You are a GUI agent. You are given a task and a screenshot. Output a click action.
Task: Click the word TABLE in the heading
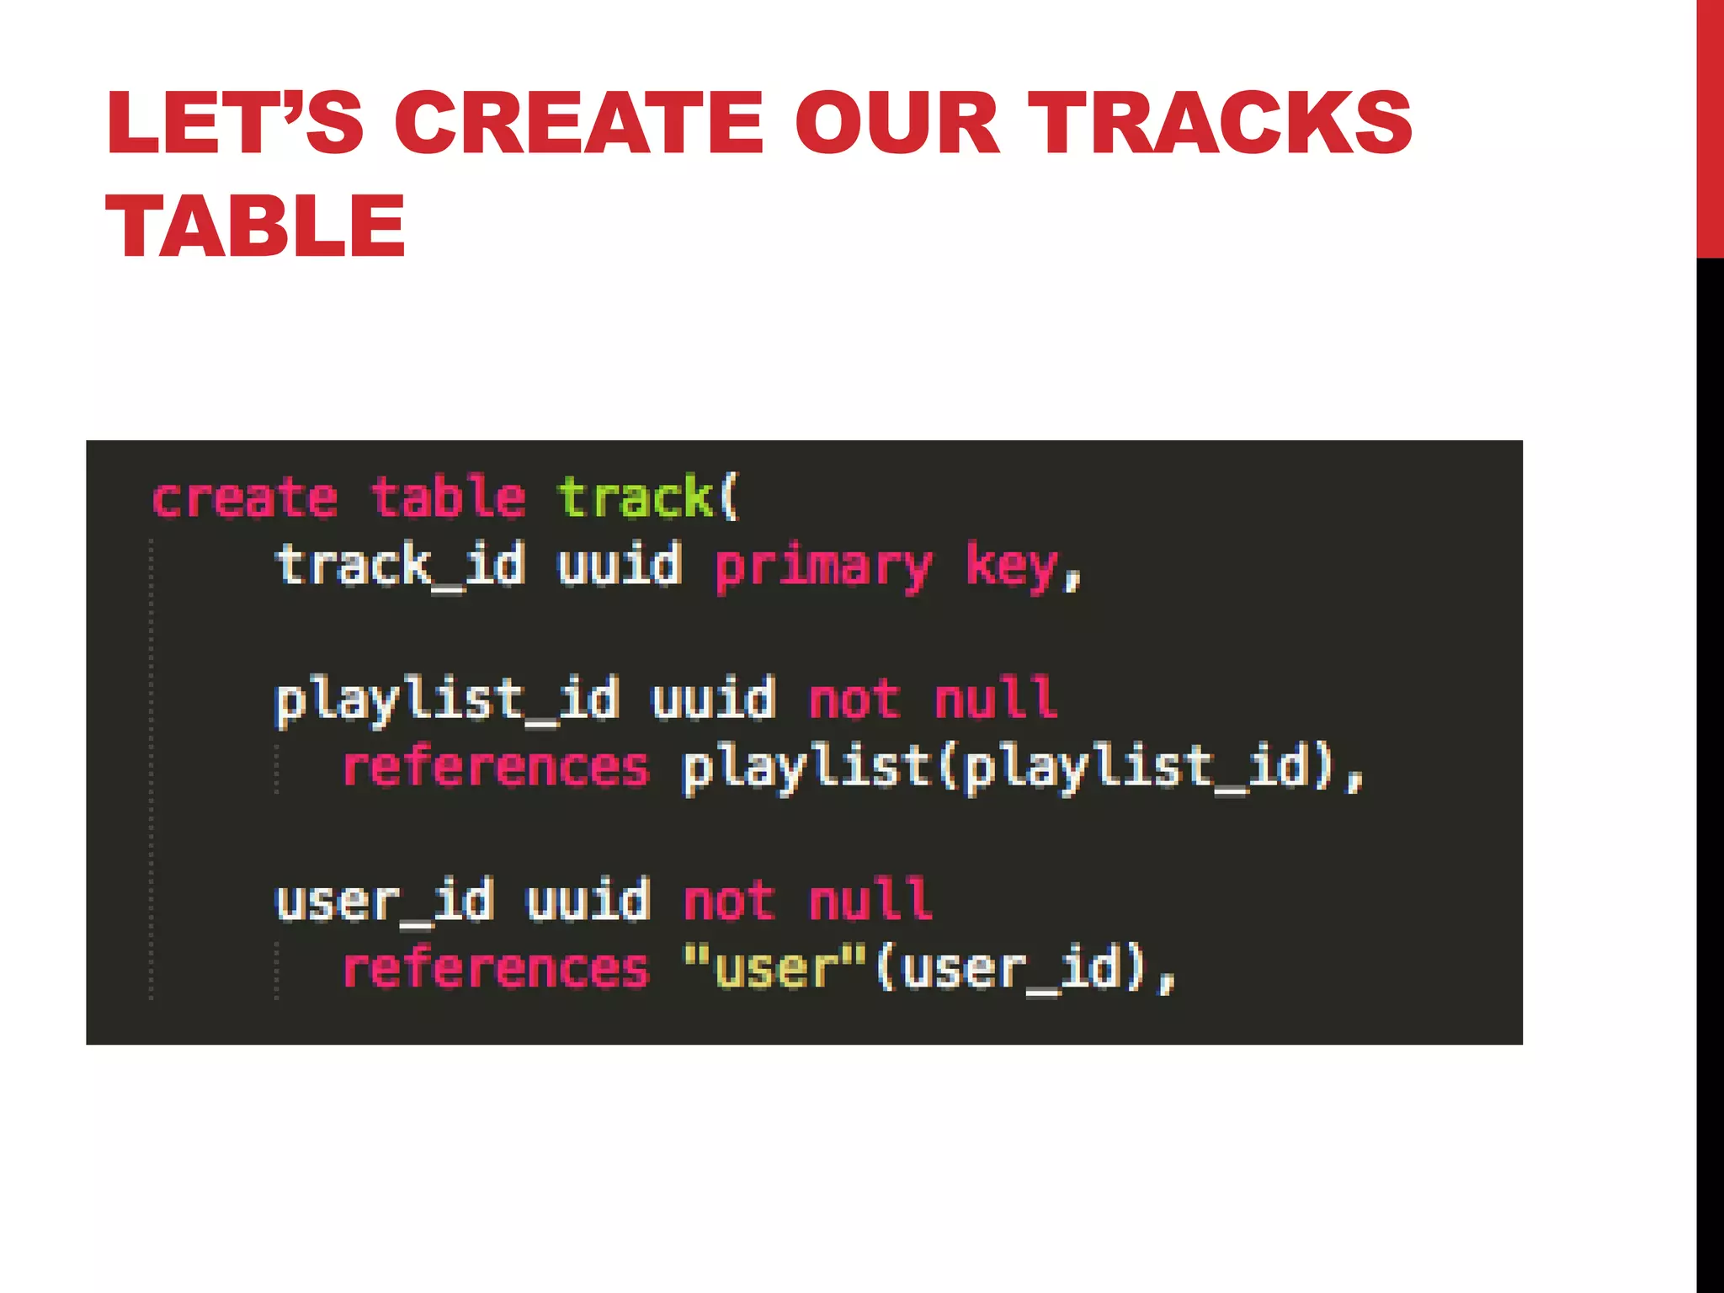click(x=256, y=226)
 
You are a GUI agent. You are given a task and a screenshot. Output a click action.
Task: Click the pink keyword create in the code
click(x=245, y=498)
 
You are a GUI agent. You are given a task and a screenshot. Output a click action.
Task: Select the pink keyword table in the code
click(x=449, y=498)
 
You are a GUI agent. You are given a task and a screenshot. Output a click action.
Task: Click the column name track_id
click(x=401, y=565)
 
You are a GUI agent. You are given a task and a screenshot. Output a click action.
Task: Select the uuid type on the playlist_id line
click(x=714, y=700)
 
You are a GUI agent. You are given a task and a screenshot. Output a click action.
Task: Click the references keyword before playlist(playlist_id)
click(x=496, y=768)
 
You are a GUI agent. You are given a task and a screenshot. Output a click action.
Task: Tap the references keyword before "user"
click(x=496, y=969)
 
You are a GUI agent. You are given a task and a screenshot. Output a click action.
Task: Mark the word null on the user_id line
click(x=870, y=901)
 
